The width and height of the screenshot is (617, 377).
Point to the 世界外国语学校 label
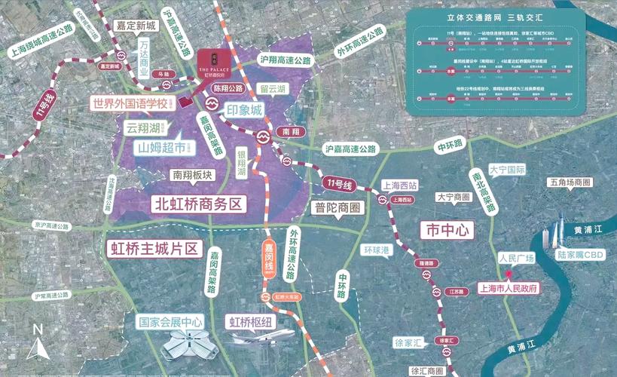[130, 103]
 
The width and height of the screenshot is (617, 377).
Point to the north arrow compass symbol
[37, 342]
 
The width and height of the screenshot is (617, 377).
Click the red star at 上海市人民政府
[509, 274]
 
